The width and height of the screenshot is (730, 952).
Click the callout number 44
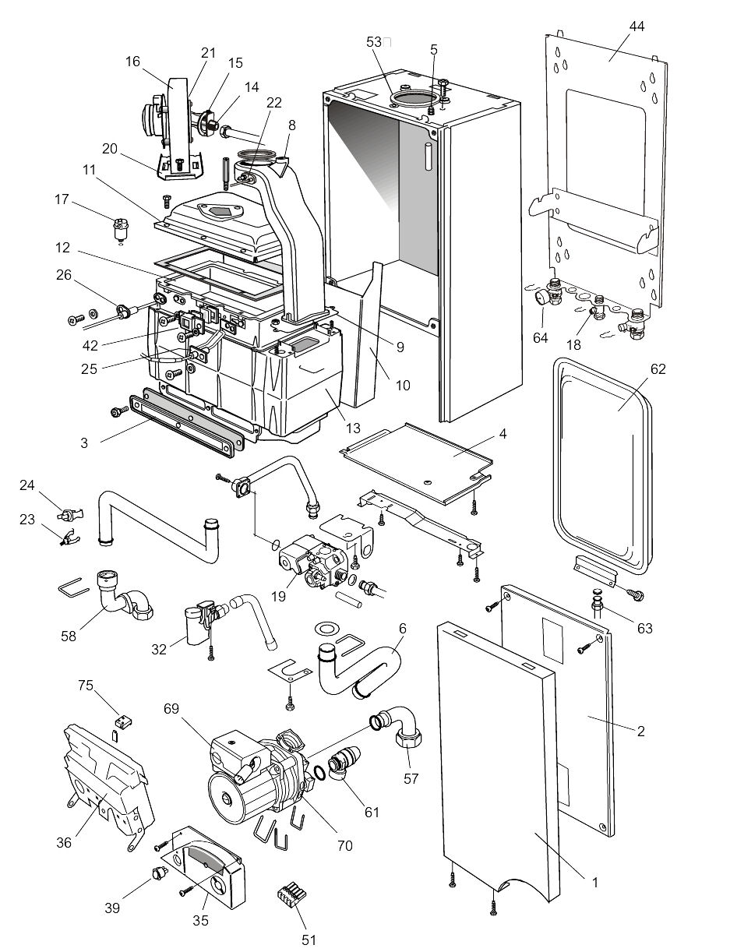pyautogui.click(x=637, y=26)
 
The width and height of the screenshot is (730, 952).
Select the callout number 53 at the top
pyautogui.click(x=376, y=41)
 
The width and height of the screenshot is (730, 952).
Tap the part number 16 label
pyautogui.click(x=132, y=62)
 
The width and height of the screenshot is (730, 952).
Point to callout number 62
pyautogui.click(x=658, y=369)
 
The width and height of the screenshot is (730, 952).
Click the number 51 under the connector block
pyautogui.click(x=309, y=940)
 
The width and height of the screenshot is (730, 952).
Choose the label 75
pyautogui.click(x=85, y=686)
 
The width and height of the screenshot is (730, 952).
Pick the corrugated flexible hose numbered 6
pyautogui.click(x=366, y=670)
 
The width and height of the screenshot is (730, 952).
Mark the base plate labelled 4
pyautogui.click(x=421, y=460)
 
